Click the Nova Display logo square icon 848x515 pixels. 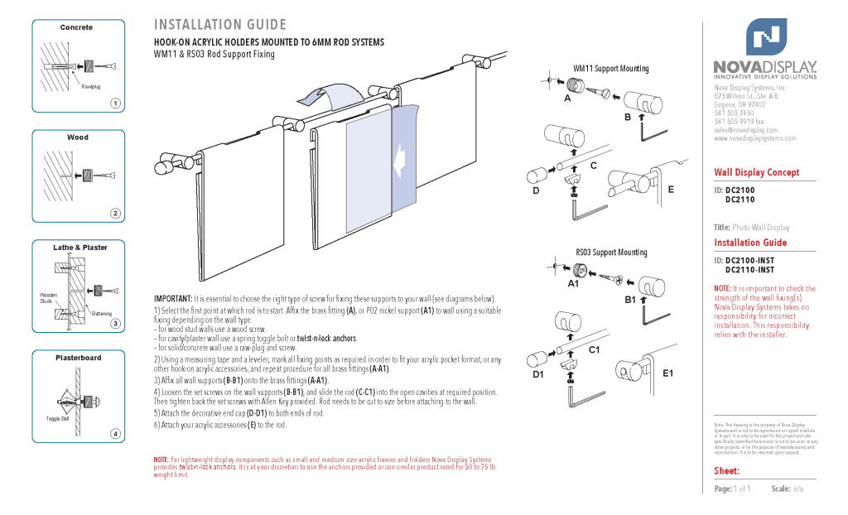766,37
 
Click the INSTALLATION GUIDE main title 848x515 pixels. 220,25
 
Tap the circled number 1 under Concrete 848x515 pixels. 116,103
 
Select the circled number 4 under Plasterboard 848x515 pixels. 116,434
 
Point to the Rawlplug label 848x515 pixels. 90,86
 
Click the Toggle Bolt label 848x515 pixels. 57,419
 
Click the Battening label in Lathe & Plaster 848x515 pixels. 101,314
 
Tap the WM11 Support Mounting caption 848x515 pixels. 611,69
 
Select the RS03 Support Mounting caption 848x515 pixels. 611,253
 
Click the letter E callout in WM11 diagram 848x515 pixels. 671,190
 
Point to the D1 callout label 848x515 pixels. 537,375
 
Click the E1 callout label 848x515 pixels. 669,373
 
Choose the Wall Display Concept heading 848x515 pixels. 757,172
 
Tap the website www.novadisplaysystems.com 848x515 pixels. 754,138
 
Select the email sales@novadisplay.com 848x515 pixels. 745,130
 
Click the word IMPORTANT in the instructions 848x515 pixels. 172,299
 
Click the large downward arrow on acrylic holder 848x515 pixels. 401,156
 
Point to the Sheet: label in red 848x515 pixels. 726,471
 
